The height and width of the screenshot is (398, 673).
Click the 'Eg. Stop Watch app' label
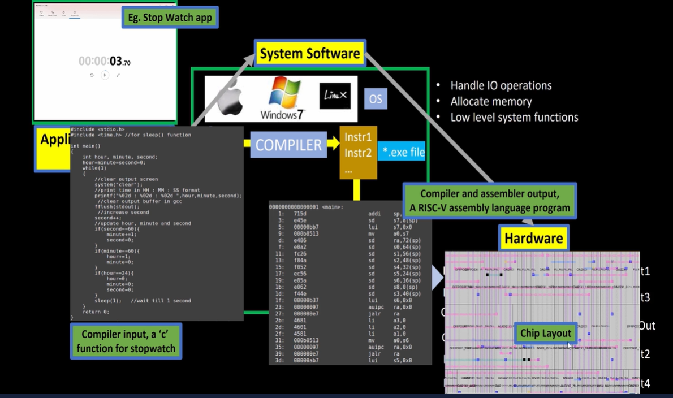pyautogui.click(x=170, y=18)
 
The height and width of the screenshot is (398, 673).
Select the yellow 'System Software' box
pyautogui.click(x=309, y=54)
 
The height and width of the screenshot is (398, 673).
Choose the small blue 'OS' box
pyautogui.click(x=376, y=99)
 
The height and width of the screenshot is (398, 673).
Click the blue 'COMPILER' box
pyautogui.click(x=288, y=145)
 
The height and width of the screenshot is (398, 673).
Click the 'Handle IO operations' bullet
pyautogui.click(x=501, y=86)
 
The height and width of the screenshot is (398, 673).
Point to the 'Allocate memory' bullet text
pyautogui.click(x=491, y=102)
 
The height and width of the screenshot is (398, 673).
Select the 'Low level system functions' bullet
pyautogui.click(x=514, y=118)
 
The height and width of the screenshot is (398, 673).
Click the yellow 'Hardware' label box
pyautogui.click(x=533, y=238)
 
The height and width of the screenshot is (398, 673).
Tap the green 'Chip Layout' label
pyautogui.click(x=546, y=333)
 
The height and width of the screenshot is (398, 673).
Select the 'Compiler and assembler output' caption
pyautogui.click(x=489, y=201)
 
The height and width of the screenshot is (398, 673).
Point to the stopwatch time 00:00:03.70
pyautogui.click(x=105, y=62)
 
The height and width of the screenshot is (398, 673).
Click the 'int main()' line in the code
pyautogui.click(x=86, y=146)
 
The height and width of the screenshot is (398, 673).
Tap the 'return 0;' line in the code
pyautogui.click(x=96, y=312)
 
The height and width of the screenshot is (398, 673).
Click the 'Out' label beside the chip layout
pyautogui.click(x=647, y=326)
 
